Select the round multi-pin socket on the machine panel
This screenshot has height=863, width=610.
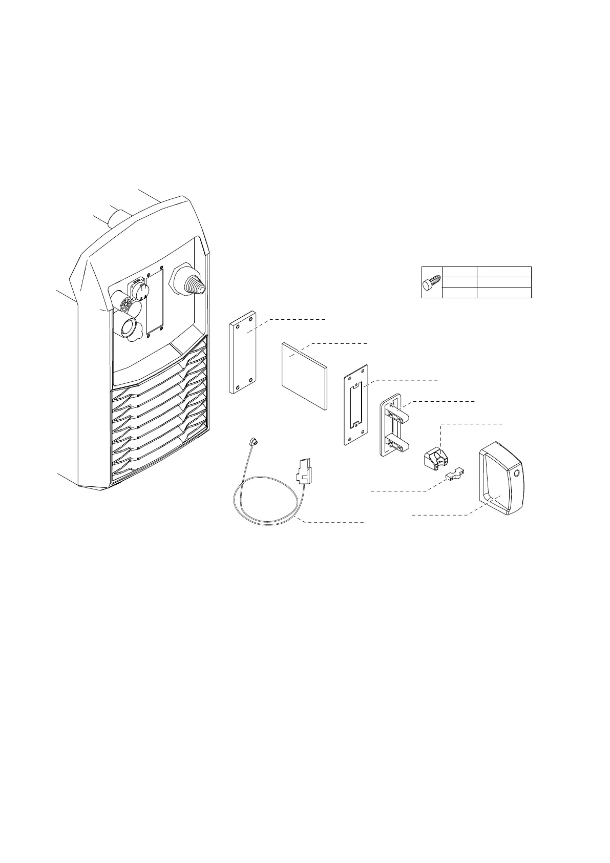(124, 306)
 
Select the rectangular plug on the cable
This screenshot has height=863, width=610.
(304, 471)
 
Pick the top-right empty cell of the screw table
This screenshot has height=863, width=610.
(504, 272)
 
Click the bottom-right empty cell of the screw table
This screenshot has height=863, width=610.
(504, 293)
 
